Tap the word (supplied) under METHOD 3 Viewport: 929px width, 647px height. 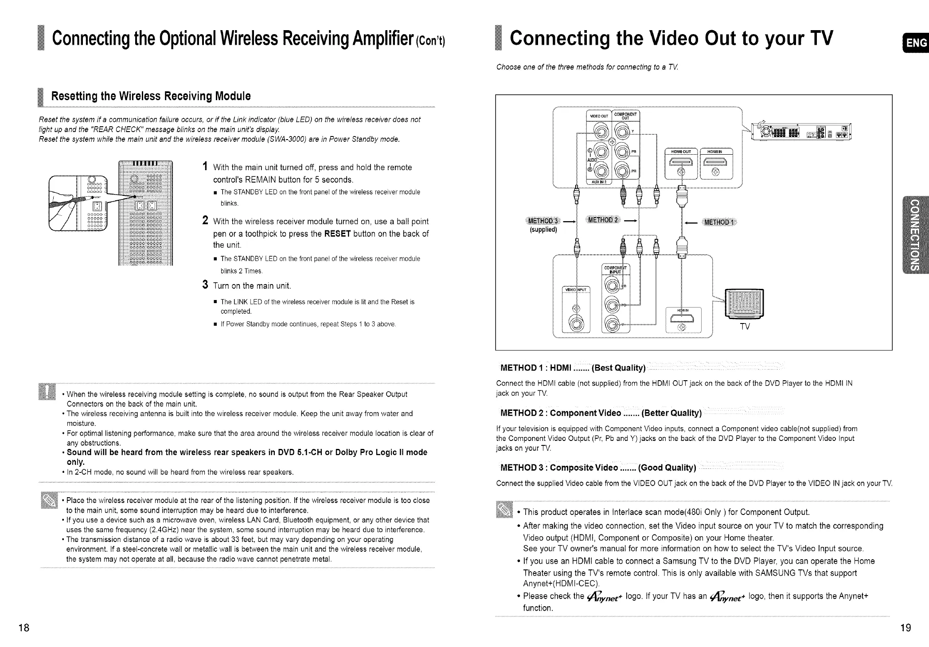543,230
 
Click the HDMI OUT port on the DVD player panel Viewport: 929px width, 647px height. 681,168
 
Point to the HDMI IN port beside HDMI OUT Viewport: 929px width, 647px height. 716,168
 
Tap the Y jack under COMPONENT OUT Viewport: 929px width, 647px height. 622,132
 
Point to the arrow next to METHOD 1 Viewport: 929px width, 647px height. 690,222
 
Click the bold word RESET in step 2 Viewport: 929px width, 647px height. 338,234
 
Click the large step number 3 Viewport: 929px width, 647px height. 205,285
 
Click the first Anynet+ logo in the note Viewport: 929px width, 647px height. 605,597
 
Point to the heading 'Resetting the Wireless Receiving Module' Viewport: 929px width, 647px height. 151,96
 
